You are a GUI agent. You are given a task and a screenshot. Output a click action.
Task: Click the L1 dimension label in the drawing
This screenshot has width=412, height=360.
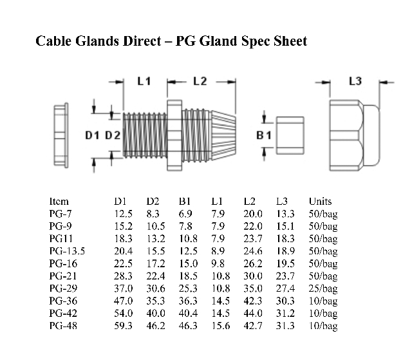[144, 81]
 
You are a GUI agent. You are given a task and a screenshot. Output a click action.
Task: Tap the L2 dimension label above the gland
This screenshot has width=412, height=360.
[200, 81]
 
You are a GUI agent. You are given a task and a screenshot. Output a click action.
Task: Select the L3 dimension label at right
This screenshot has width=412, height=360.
[355, 81]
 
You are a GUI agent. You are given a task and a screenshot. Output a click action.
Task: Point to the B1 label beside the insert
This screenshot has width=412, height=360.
[264, 136]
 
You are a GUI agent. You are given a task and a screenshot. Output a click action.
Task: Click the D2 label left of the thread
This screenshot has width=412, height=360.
[113, 135]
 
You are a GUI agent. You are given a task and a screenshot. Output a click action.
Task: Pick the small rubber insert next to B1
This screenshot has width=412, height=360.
[290, 135]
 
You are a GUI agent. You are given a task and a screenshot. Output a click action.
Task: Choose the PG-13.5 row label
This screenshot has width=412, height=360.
[67, 251]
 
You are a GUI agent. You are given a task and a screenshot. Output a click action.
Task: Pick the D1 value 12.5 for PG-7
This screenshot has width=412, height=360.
[123, 214]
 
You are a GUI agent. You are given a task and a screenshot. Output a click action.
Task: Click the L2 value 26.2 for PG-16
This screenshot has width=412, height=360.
[253, 263]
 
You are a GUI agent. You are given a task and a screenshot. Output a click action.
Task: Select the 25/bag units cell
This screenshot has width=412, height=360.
[323, 288]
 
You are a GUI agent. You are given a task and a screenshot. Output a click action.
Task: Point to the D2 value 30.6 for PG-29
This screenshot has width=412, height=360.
[155, 288]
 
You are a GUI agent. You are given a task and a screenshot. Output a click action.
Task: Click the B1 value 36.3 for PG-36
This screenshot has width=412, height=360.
[187, 301]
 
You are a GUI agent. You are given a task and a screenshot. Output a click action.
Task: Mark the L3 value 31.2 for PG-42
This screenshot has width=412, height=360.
[285, 313]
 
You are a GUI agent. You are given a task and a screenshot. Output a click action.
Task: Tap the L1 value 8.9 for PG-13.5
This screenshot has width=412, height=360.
[218, 251]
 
